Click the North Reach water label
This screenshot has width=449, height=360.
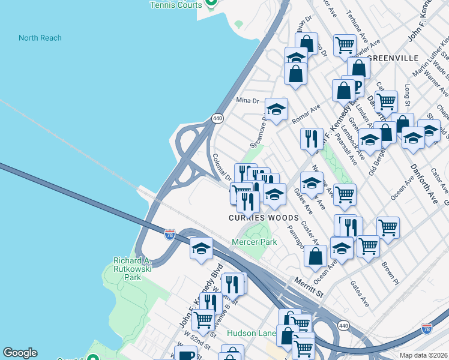[40, 38]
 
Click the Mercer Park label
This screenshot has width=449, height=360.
[254, 242]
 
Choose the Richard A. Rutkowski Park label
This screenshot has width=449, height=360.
[131, 269]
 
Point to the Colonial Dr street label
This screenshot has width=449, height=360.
[221, 167]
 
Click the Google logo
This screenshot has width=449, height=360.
[20, 353]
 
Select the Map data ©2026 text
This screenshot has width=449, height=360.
[424, 355]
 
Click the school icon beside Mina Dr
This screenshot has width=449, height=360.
[276, 110]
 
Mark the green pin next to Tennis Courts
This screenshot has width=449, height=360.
[211, 4]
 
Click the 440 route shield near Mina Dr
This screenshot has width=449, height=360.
[217, 118]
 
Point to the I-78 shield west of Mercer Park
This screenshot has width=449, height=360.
[170, 233]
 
